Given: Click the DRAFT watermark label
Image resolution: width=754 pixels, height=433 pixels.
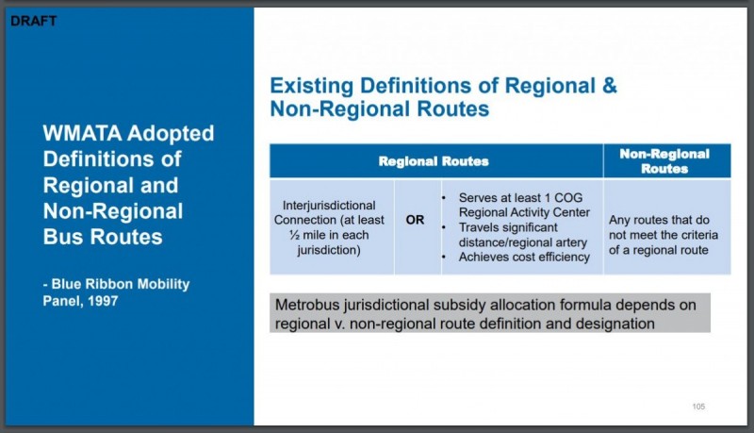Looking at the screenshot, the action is [34, 21].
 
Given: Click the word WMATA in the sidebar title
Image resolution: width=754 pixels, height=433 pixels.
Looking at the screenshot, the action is [82, 133].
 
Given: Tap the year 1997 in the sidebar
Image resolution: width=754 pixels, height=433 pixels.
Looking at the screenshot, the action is [103, 301].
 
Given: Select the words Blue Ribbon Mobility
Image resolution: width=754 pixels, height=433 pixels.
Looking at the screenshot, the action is [121, 284].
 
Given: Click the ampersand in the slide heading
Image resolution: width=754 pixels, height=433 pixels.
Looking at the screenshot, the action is [609, 86].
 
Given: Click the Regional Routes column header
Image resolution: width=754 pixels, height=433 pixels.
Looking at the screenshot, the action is [434, 161].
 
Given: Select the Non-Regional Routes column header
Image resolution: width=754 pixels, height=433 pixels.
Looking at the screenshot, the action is [664, 161].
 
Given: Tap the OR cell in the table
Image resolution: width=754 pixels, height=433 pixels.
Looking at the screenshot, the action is [415, 220].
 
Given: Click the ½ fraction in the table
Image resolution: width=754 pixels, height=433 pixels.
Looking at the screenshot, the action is [294, 235].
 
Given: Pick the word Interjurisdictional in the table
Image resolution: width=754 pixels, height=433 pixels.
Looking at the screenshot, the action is [329, 206].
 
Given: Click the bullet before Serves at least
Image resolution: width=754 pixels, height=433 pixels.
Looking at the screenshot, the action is [444, 198].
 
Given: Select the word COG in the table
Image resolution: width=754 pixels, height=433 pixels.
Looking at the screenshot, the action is [568, 198].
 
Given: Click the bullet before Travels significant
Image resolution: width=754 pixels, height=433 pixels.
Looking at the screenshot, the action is [444, 227].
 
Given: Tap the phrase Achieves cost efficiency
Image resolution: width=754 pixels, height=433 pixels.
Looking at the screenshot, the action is [524, 257].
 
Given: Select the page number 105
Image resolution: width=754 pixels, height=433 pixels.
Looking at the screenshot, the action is [698, 407].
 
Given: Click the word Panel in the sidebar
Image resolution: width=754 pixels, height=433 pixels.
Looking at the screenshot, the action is [61, 301].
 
